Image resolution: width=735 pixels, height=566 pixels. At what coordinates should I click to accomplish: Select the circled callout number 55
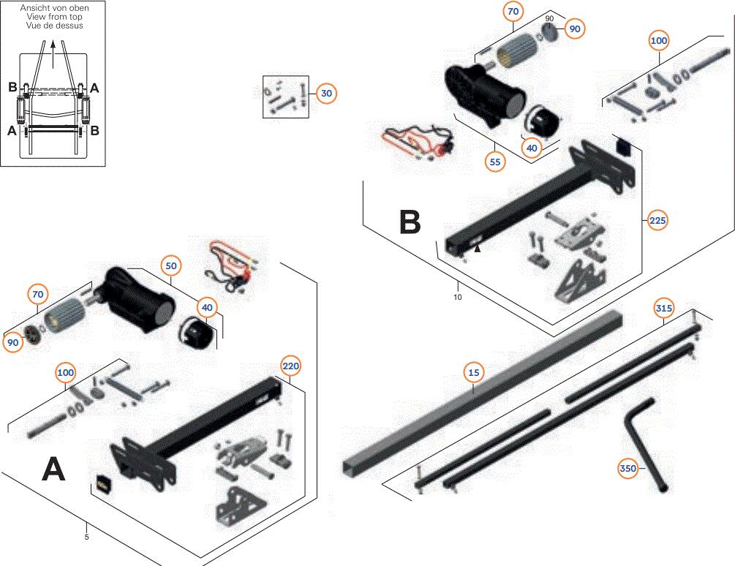[x=496, y=162]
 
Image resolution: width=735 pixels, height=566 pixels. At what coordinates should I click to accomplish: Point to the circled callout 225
[x=657, y=220]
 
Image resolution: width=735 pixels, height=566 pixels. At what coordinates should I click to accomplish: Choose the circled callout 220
[x=290, y=365]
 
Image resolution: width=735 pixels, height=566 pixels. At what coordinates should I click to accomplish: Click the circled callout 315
[x=663, y=309]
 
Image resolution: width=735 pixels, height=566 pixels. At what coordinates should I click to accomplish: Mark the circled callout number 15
[x=473, y=373]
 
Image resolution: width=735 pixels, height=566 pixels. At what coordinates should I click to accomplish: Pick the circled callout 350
[x=627, y=468]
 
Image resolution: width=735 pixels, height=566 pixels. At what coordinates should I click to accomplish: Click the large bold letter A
[x=53, y=469]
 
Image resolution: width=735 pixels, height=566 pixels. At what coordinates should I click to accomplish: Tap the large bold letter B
[x=410, y=222]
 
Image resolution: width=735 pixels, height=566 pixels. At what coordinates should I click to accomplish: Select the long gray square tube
[x=483, y=391]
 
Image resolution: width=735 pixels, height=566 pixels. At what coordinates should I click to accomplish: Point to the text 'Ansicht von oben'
[x=54, y=7]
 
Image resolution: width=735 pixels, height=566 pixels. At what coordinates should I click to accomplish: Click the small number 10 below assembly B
[x=458, y=297]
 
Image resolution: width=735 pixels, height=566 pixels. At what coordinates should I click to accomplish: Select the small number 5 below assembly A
[x=86, y=537]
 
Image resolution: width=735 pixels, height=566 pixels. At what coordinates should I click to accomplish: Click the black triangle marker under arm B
[x=477, y=249]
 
